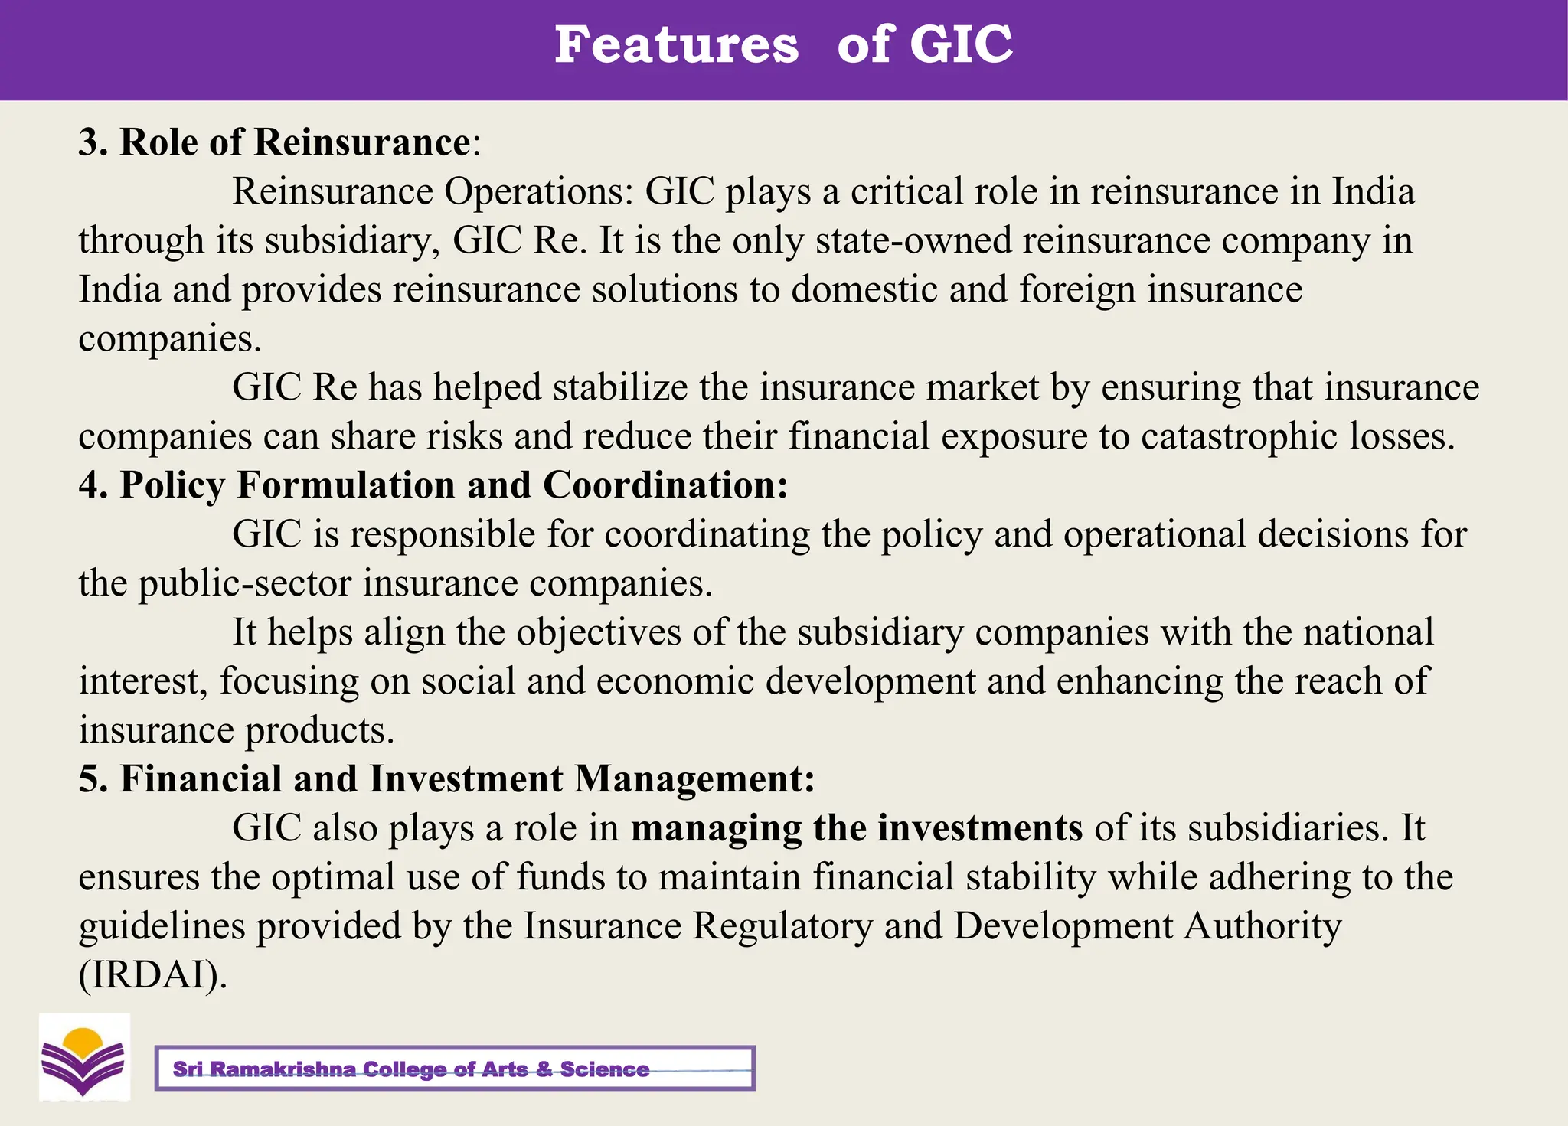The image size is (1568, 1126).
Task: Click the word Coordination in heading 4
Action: click(665, 485)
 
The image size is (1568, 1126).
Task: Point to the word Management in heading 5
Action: click(694, 779)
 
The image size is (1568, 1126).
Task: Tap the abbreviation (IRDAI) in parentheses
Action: click(152, 975)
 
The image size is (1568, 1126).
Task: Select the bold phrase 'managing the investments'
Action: click(856, 828)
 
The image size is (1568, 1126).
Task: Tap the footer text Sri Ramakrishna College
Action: click(410, 1069)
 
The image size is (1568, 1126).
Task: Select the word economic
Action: click(675, 681)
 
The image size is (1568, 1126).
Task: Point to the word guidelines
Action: click(162, 926)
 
